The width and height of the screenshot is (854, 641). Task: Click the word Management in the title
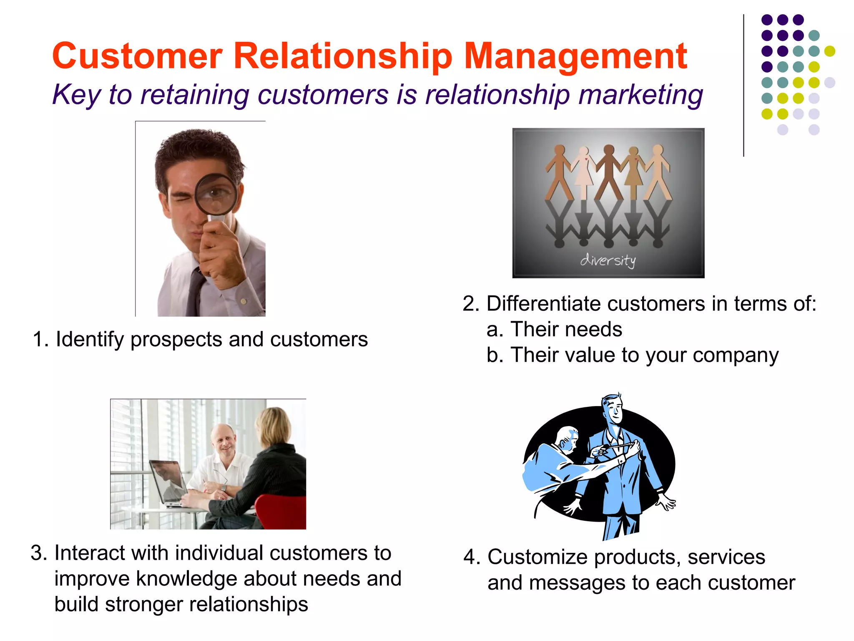(575, 56)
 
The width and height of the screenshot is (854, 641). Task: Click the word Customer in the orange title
(138, 56)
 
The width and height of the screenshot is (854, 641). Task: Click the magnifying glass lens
(216, 194)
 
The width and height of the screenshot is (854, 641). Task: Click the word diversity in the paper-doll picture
(608, 260)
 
